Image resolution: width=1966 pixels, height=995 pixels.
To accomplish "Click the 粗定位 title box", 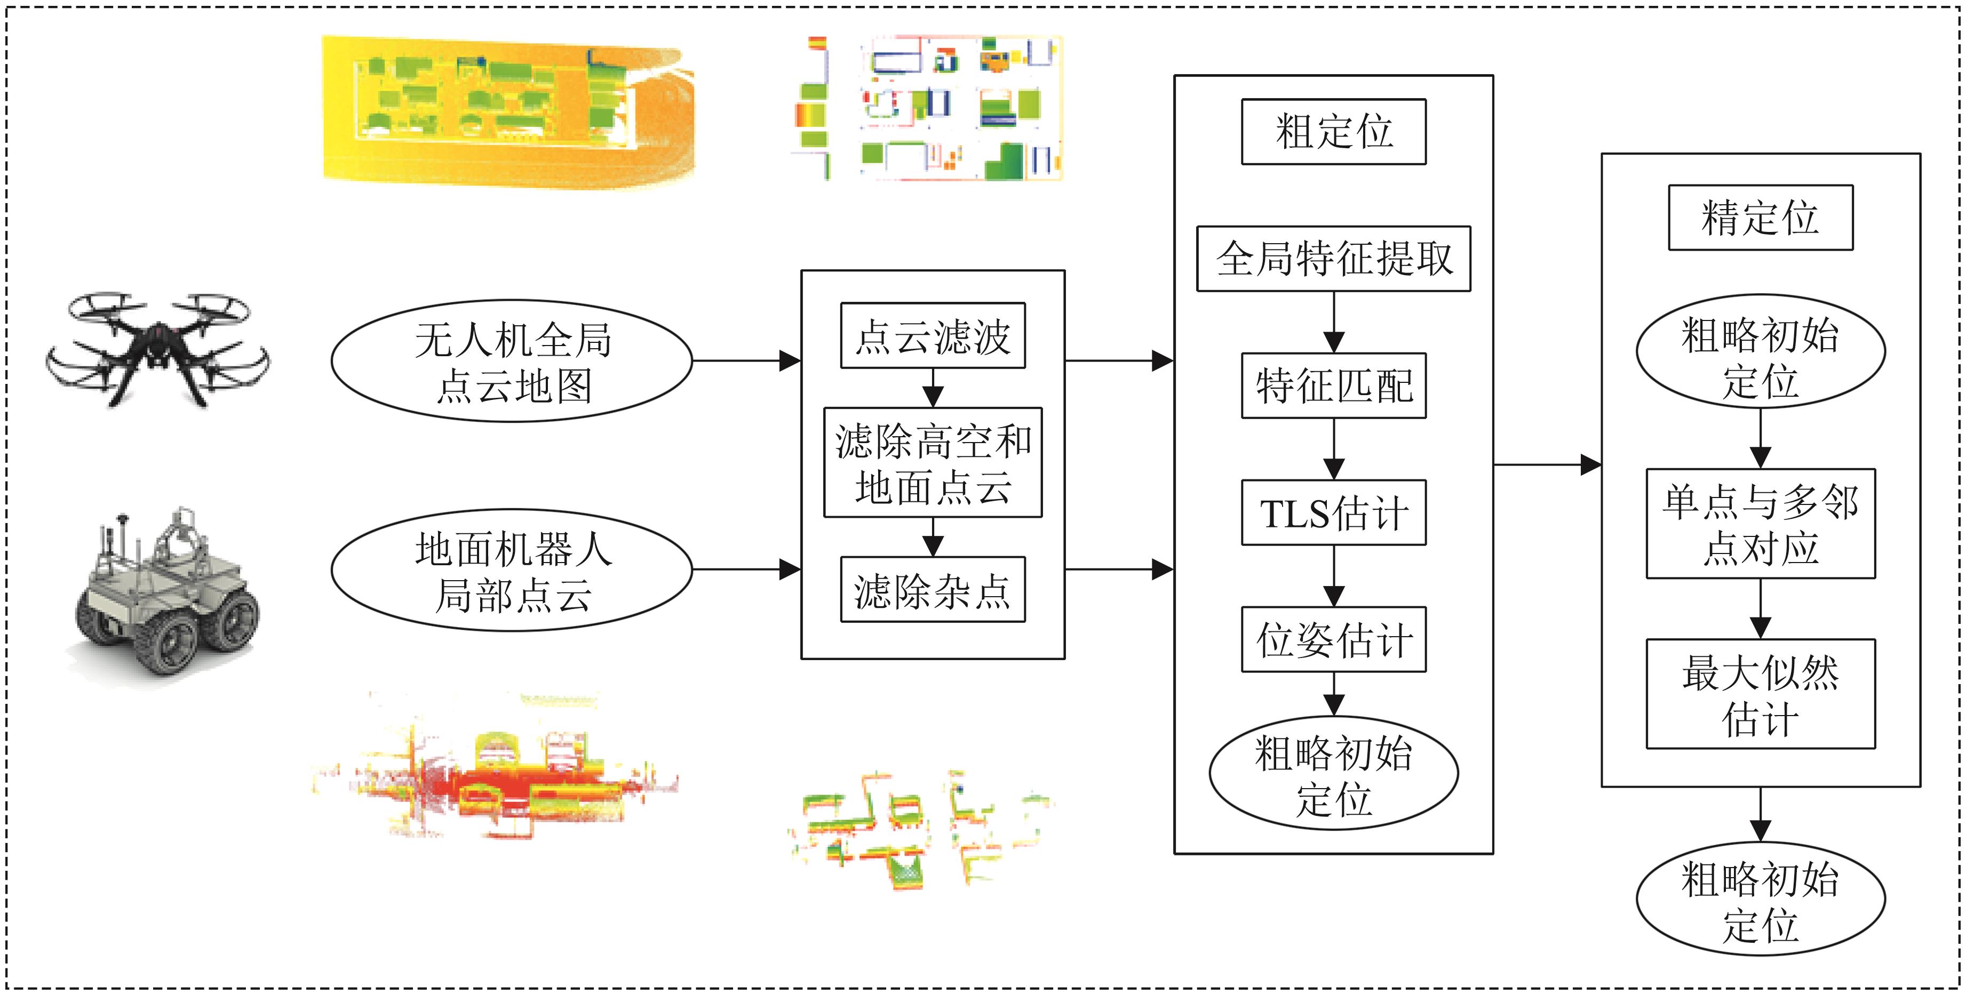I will pyautogui.click(x=1333, y=131).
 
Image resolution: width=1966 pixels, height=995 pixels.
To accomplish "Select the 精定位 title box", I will pyautogui.click(x=1760, y=218).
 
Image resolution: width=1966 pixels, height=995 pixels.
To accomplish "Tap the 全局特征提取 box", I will pyautogui.click(x=1333, y=259).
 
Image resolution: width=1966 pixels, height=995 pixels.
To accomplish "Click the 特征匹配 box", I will pyautogui.click(x=1333, y=386).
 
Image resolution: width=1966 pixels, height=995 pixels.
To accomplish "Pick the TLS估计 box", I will pyautogui.click(x=1333, y=513).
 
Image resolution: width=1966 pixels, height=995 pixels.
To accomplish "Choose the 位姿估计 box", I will pyautogui.click(x=1333, y=639).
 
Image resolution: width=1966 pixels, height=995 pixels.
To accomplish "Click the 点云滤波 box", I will pyautogui.click(x=933, y=336).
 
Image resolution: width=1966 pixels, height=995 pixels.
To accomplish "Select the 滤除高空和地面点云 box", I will pyautogui.click(x=933, y=462).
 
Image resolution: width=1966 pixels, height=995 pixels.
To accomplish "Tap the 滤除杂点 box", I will pyautogui.click(x=933, y=590).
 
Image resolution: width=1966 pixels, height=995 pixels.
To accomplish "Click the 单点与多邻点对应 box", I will pyautogui.click(x=1760, y=524).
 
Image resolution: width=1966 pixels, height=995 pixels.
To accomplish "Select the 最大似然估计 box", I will pyautogui.click(x=1760, y=694).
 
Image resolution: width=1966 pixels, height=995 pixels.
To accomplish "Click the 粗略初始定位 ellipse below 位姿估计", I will pyautogui.click(x=1333, y=774).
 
